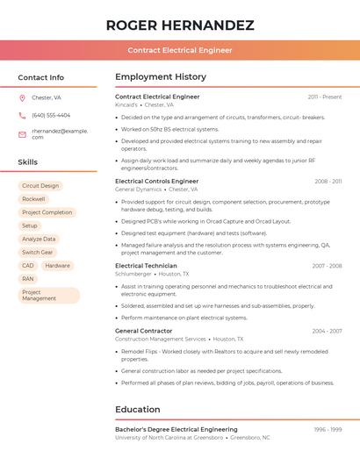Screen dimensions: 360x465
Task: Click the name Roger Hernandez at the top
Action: tap(180, 25)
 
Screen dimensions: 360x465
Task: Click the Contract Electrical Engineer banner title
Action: tap(180, 50)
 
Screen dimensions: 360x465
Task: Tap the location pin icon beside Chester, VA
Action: tap(22, 97)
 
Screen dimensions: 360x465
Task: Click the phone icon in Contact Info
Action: tap(22, 115)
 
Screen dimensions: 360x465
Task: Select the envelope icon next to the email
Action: tap(22, 133)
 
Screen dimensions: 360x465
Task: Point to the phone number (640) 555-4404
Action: tap(51, 115)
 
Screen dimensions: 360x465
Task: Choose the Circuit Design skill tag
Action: tap(40, 186)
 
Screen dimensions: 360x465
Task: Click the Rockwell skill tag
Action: tap(33, 199)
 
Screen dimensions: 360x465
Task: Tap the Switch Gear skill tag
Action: tap(38, 252)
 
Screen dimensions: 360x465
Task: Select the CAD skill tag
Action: tap(28, 265)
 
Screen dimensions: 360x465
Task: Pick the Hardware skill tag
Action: tap(58, 265)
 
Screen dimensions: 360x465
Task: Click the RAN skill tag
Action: tap(28, 278)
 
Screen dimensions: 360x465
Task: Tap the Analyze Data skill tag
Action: tap(39, 239)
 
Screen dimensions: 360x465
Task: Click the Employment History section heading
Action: tap(161, 77)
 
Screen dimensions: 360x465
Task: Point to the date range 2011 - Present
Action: tap(325, 97)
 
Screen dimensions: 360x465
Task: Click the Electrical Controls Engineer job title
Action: tap(157, 181)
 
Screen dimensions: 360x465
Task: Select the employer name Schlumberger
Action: tap(133, 274)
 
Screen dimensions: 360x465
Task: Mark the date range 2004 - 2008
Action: tap(327, 331)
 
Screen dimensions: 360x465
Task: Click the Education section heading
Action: tap(137, 409)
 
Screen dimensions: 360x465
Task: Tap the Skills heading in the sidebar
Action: tap(28, 162)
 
